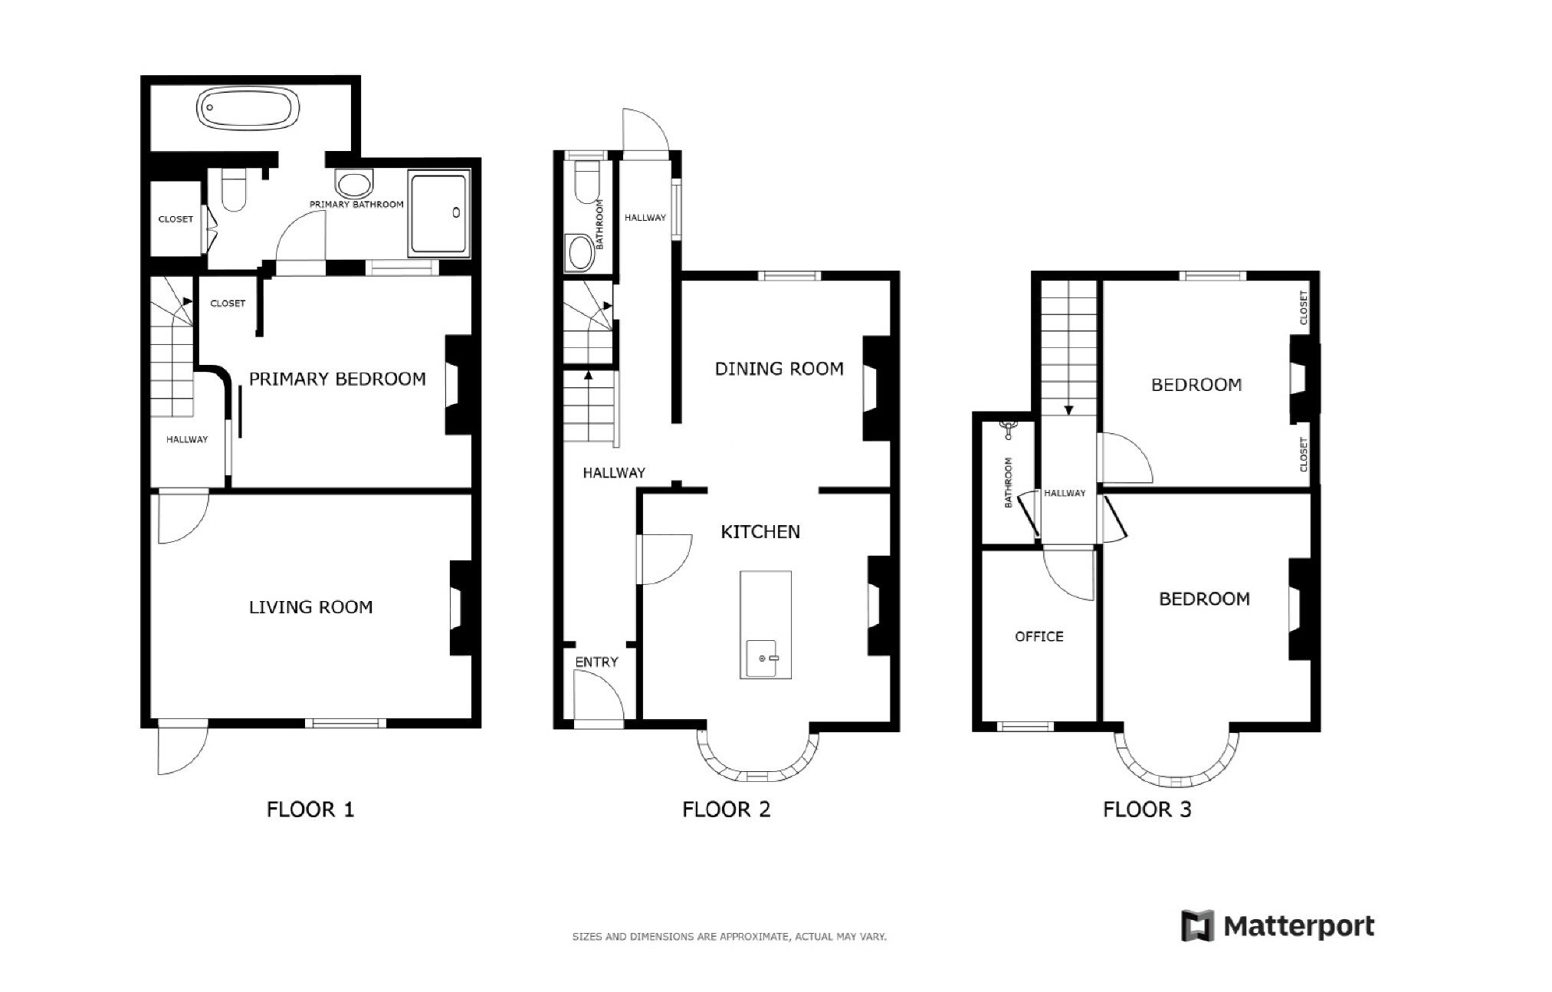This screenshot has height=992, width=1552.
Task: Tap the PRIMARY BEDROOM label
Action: [337, 379]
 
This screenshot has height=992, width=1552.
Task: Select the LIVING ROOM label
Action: [310, 607]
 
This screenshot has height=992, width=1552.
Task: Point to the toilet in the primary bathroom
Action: [233, 190]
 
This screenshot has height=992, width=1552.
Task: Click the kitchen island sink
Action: [763, 659]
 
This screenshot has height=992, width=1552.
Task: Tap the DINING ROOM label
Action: [779, 369]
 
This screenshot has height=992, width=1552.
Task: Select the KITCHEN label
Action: [760, 532]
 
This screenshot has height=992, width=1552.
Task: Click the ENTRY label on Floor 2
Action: [596, 662]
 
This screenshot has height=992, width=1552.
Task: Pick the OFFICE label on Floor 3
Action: [1038, 636]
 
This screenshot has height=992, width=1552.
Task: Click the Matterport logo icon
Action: [1197, 925]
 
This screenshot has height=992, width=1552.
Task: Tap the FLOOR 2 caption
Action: [726, 810]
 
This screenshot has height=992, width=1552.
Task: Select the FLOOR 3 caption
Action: [1147, 810]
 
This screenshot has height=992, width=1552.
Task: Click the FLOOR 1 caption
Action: [310, 810]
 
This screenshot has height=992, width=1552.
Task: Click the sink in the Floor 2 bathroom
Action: [579, 252]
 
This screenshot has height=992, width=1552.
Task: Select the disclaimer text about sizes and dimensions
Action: [729, 937]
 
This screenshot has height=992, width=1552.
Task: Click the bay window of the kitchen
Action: [757, 773]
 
